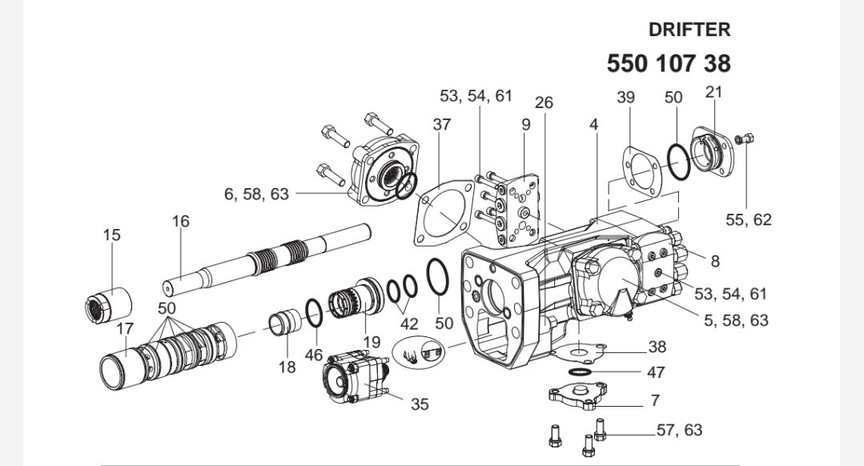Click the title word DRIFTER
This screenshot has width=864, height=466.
tap(689, 30)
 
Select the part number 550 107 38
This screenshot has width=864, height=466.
tap(669, 63)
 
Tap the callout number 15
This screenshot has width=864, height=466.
tap(111, 235)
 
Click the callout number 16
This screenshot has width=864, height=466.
tap(181, 221)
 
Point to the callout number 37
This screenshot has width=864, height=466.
tap(441, 124)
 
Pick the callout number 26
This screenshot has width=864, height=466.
tap(544, 102)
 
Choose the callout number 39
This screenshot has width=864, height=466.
tap(625, 97)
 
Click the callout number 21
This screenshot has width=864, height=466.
tap(713, 91)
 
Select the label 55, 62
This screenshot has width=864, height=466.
tap(748, 219)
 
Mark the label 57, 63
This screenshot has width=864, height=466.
tap(679, 430)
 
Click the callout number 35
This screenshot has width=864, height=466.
tap(420, 404)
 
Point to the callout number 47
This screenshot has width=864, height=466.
tap(655, 372)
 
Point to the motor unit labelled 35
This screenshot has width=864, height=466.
tap(355, 380)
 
